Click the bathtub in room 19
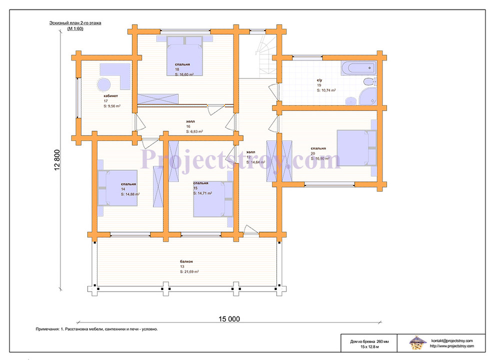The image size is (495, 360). (x=358, y=68)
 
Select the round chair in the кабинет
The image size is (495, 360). (x=103, y=84)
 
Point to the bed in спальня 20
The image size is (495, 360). (x=356, y=148)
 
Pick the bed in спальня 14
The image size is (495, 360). (x=117, y=188)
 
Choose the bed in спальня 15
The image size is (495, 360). (x=213, y=199)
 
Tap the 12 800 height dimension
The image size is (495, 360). (x=57, y=160)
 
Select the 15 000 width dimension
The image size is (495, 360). (x=229, y=319)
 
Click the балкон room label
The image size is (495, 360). (x=186, y=261)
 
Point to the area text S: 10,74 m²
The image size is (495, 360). (x=326, y=90)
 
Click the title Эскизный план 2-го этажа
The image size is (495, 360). (x=75, y=23)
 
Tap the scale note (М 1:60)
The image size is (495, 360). (x=75, y=28)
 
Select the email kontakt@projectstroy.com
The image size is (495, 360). (x=452, y=340)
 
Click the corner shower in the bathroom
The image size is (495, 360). (x=368, y=96)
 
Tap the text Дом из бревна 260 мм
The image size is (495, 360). (x=369, y=341)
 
